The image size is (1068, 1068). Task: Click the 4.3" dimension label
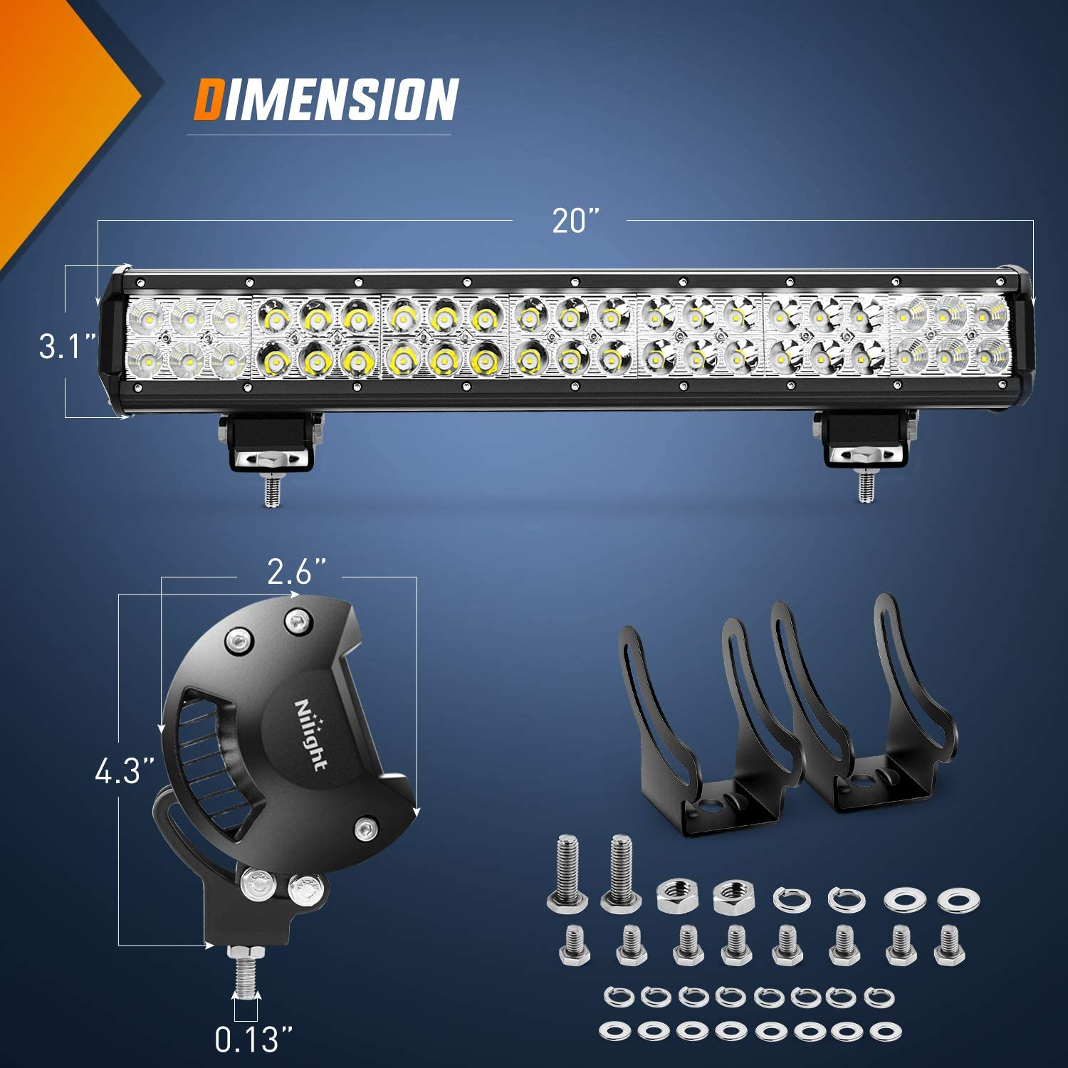125,771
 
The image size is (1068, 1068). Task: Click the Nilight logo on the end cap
311,734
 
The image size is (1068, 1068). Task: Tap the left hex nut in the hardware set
675,896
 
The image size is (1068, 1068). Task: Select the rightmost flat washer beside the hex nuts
953,900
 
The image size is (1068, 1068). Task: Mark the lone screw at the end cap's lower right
365,828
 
